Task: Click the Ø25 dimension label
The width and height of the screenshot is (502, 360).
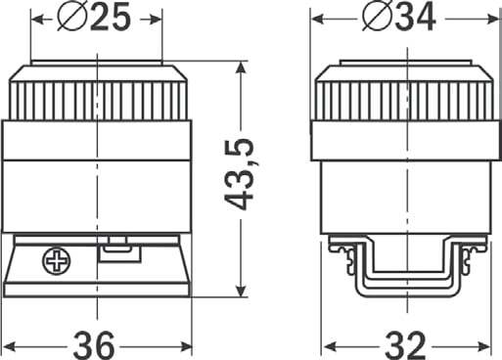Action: [94, 19]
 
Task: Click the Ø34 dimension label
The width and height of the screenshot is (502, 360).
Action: [399, 19]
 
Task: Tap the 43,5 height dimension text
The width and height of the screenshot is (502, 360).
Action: [240, 174]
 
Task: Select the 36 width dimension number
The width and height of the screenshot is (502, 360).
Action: [94, 345]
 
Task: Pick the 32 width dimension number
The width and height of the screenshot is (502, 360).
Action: [405, 345]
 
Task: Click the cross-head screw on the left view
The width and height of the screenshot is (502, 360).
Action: [57, 261]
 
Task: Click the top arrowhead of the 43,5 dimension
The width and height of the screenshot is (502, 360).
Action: [241, 69]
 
